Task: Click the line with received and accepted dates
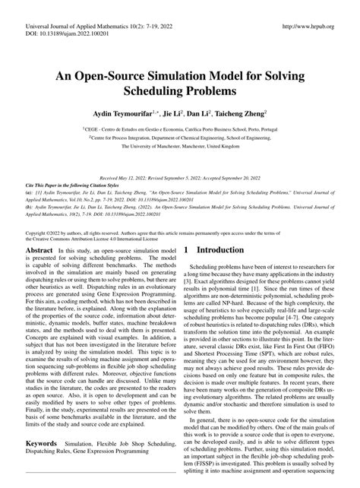[x=179, y=176]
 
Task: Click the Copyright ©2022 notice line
[x=152, y=211]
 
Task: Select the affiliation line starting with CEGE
[x=179, y=130]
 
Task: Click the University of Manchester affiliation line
[x=179, y=148]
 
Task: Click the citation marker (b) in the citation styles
[x=29, y=205]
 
